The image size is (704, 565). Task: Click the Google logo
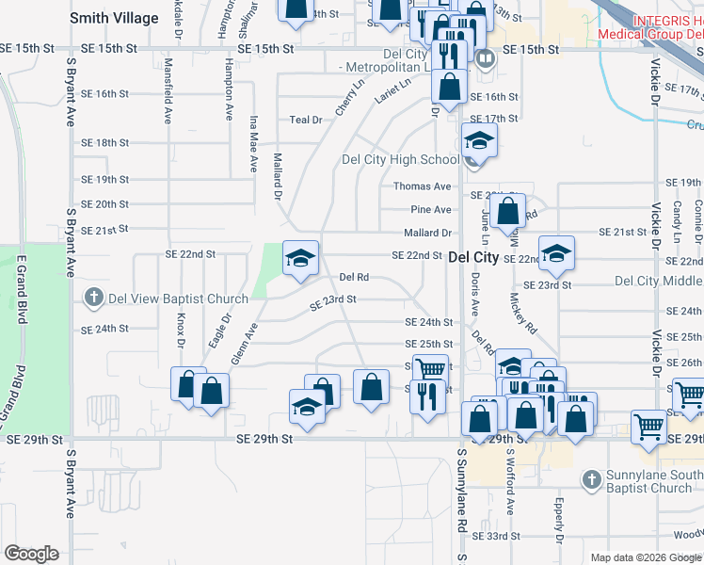pos(31,554)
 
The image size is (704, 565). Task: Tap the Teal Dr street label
pos(306,120)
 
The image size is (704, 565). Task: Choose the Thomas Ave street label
pos(423,186)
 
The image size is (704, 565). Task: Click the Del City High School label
pos(400,159)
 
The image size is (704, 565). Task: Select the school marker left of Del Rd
pos(300,257)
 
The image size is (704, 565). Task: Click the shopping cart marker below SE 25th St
pos(430,369)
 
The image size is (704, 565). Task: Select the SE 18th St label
pos(104,142)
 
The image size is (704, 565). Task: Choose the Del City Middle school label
pos(658,281)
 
